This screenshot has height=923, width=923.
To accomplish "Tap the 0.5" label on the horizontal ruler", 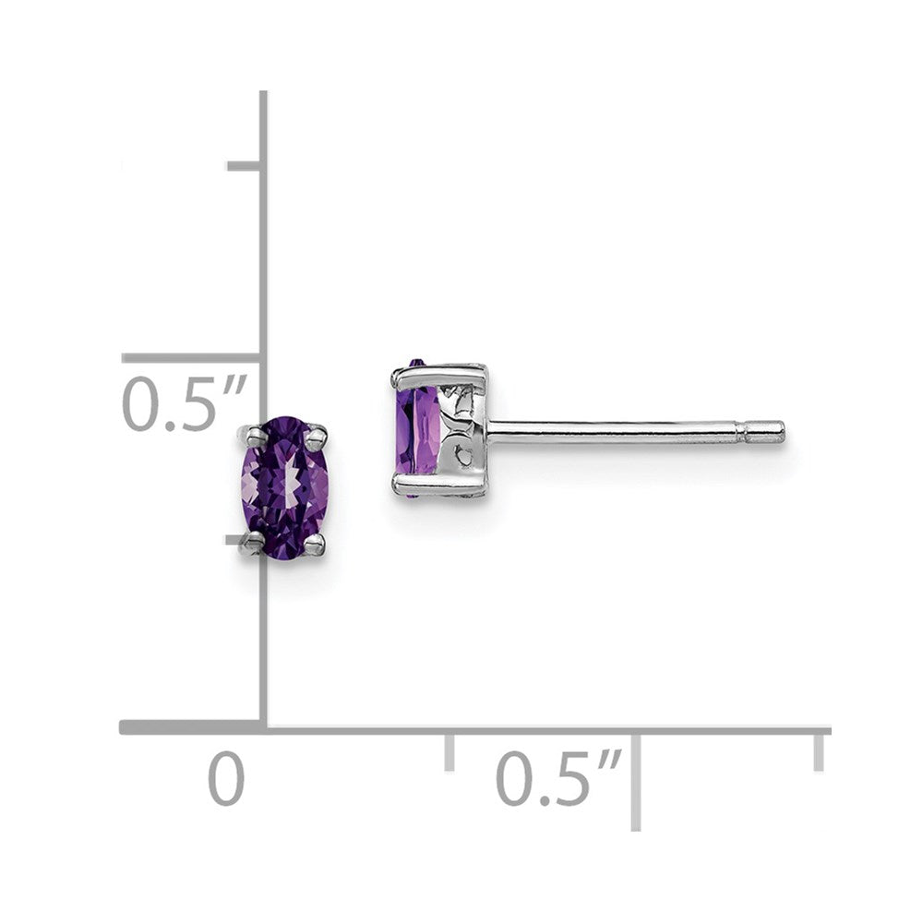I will (557, 777).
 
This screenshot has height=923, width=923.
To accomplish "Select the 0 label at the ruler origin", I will (226, 777).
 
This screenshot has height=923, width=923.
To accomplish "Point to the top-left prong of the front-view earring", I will (250, 434).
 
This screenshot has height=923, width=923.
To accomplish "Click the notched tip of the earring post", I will (766, 431).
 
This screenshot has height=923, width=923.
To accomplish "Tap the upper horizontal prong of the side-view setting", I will (438, 374).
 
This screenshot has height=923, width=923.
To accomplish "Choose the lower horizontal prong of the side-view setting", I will (438, 485).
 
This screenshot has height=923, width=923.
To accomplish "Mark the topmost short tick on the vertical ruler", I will (245, 166).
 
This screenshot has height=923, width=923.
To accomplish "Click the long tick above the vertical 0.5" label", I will (191, 358).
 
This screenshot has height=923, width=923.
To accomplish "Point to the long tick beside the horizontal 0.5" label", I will (636, 780).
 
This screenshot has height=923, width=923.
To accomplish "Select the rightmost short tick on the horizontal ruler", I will (818, 749).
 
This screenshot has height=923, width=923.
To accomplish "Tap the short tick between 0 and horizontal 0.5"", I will (450, 749).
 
